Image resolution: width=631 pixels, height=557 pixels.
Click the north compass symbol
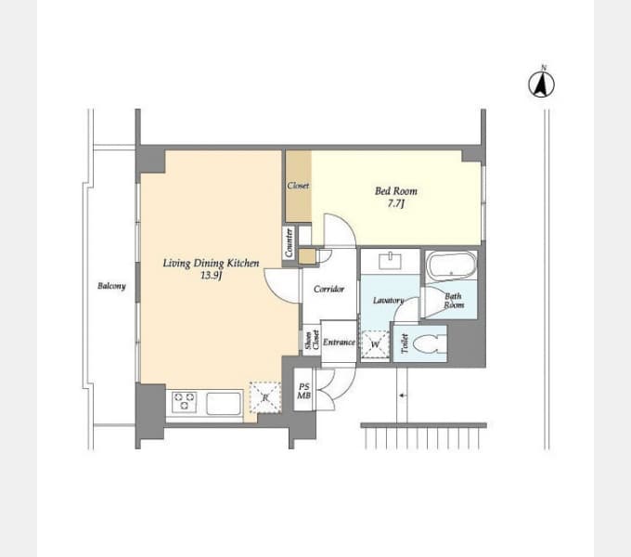coord(541,84)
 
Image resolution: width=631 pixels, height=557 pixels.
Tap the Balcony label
coord(111,286)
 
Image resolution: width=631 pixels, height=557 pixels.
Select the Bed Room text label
coord(396,190)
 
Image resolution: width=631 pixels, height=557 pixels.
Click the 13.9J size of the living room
coord(212,276)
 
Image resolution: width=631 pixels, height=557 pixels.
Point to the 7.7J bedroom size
coord(395,203)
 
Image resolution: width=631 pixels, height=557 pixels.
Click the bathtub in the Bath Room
coord(451,266)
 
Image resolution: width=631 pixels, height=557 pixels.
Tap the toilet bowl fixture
coord(428,344)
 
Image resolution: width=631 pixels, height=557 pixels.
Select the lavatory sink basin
coord(390,261)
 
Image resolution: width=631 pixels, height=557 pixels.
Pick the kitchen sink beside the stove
coord(224,403)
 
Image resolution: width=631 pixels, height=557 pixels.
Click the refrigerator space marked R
coord(264,397)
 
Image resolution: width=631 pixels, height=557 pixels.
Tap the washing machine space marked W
coord(375,344)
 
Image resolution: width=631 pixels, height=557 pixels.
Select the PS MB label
coord(303,391)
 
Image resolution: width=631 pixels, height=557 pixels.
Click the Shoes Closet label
coord(312,340)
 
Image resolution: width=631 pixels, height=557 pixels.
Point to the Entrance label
coord(339,342)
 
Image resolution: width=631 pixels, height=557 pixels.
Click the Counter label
coord(289,242)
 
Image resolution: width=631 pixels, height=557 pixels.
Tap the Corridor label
coord(328,289)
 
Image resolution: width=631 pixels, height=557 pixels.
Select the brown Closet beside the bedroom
coord(299,186)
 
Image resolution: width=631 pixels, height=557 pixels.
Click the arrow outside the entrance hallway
coord(402,395)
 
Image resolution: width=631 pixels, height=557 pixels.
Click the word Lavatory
coord(388,300)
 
